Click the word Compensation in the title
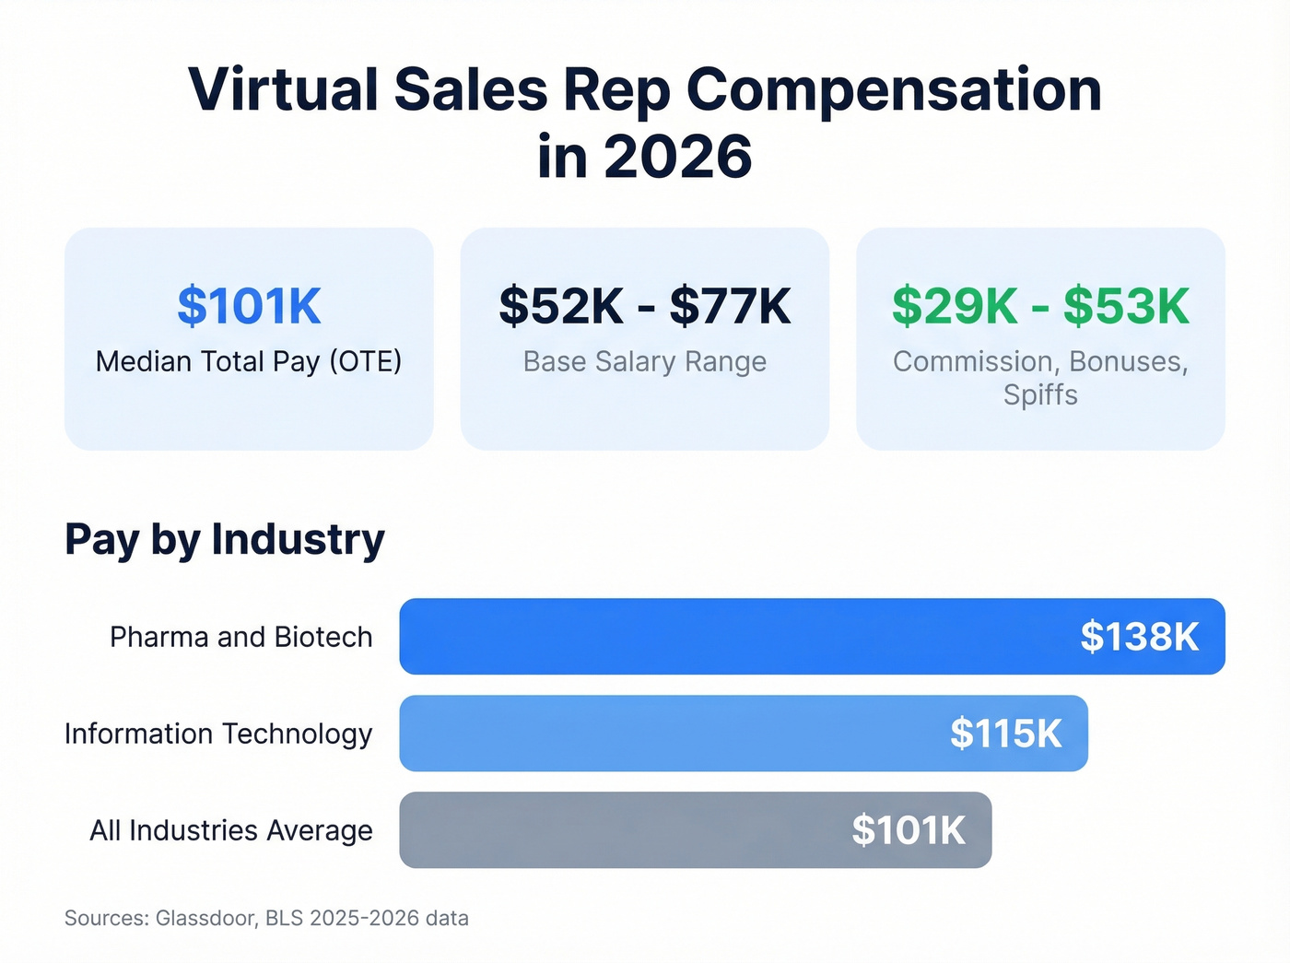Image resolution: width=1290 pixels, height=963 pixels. click(893, 90)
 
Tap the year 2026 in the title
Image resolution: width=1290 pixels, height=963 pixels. click(678, 157)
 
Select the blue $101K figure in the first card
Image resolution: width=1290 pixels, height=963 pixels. click(249, 306)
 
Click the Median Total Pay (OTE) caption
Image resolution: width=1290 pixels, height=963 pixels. click(249, 361)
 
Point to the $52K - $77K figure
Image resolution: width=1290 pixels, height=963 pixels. click(644, 306)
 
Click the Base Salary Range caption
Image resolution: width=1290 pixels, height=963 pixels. click(644, 361)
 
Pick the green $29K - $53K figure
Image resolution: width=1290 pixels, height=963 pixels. click(1040, 306)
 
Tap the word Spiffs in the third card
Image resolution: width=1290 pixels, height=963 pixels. click(1040, 394)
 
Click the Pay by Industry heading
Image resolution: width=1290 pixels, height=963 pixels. click(224, 539)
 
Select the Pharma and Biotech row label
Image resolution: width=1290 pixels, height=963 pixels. click(240, 637)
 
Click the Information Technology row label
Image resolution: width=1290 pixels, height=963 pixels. click(218, 734)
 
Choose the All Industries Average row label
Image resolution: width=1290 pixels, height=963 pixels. click(231, 830)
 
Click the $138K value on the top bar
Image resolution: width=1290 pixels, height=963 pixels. click(1139, 637)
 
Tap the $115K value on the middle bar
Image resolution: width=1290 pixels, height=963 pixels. click(1005, 734)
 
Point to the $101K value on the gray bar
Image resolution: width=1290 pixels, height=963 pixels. click(908, 830)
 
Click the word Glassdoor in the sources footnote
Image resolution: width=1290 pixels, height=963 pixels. click(206, 918)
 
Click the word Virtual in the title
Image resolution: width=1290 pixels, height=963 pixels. click(283, 90)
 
